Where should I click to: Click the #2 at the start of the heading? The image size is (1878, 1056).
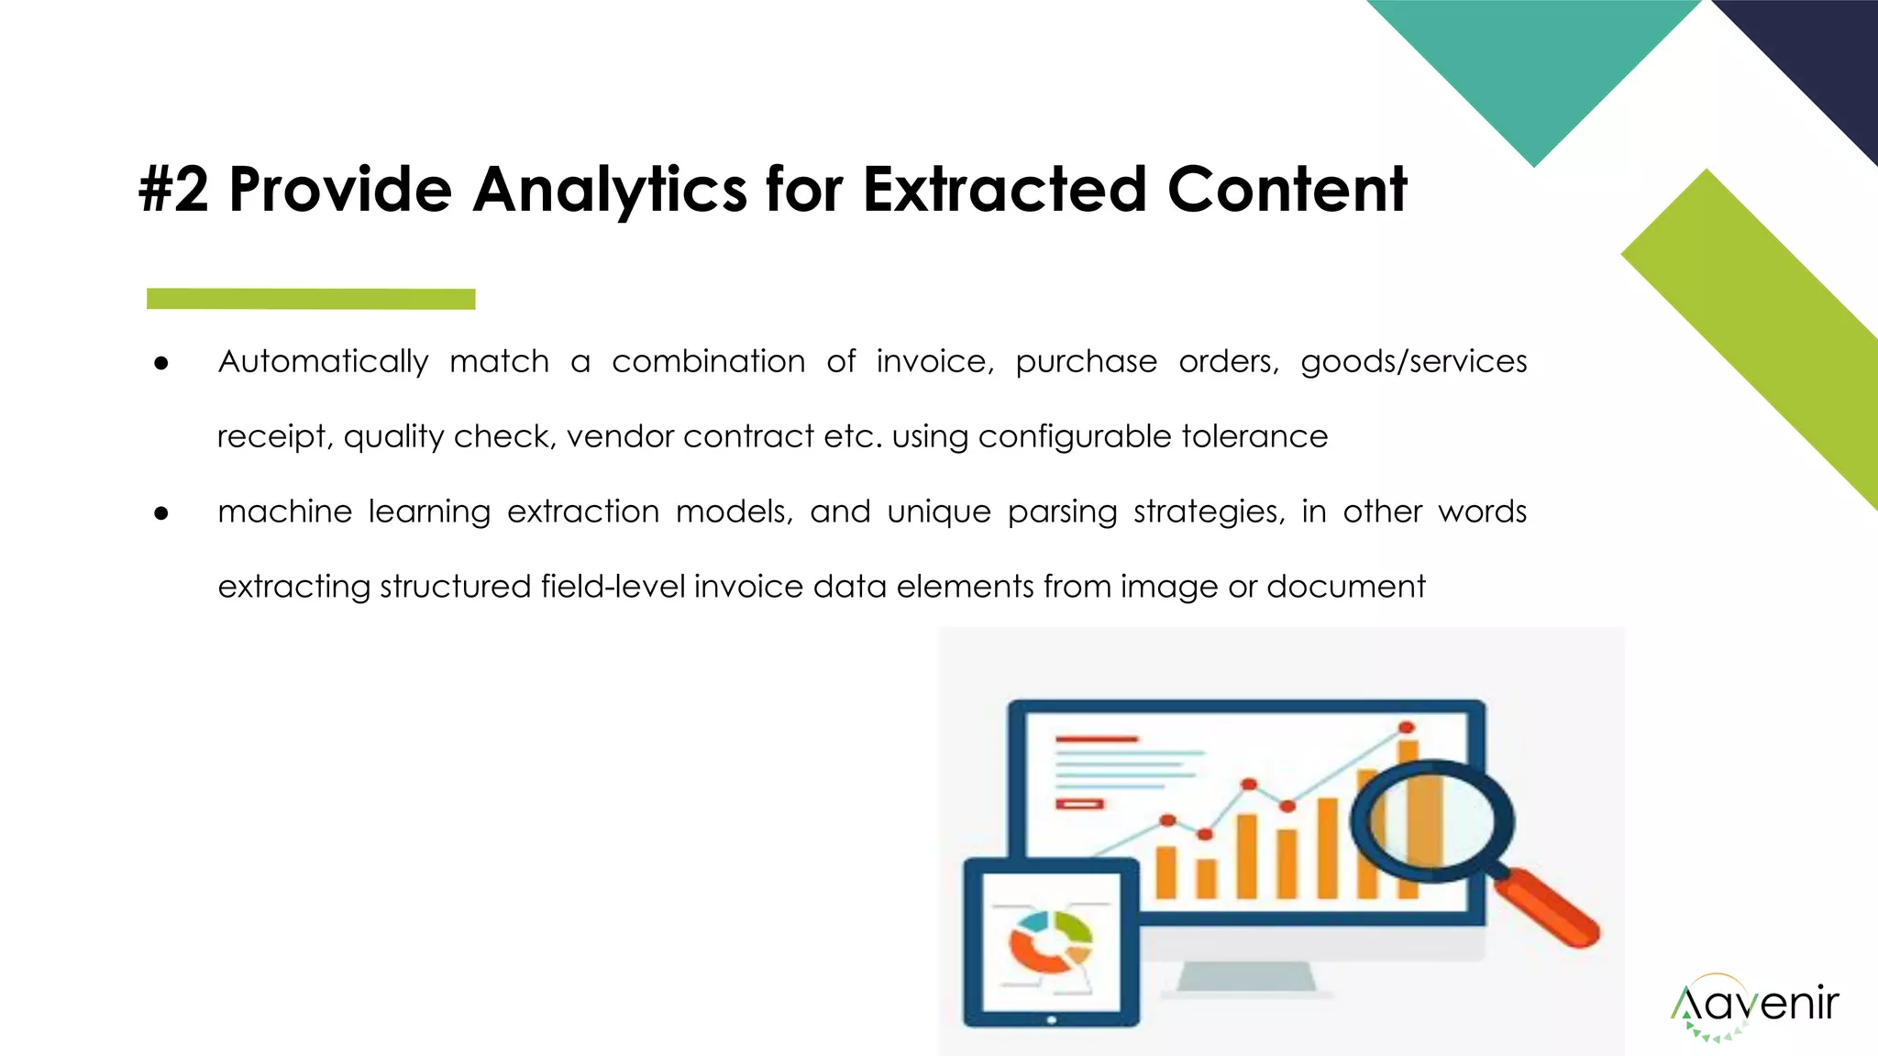[x=173, y=190]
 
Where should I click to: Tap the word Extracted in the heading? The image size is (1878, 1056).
[x=1004, y=190]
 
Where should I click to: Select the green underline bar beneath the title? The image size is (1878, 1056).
[x=311, y=299]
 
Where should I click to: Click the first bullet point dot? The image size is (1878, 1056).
[x=161, y=364]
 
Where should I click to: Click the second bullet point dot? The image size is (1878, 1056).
[x=161, y=513]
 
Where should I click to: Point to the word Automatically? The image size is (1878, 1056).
[x=323, y=362]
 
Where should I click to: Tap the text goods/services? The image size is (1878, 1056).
[x=1413, y=362]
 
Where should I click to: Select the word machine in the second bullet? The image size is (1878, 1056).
[x=284, y=511]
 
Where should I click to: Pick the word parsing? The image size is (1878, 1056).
[x=1062, y=511]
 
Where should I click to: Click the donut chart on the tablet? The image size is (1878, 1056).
[x=1051, y=941]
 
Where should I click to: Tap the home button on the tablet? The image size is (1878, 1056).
[x=1051, y=1019]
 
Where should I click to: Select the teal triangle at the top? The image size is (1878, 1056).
[x=1533, y=64]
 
